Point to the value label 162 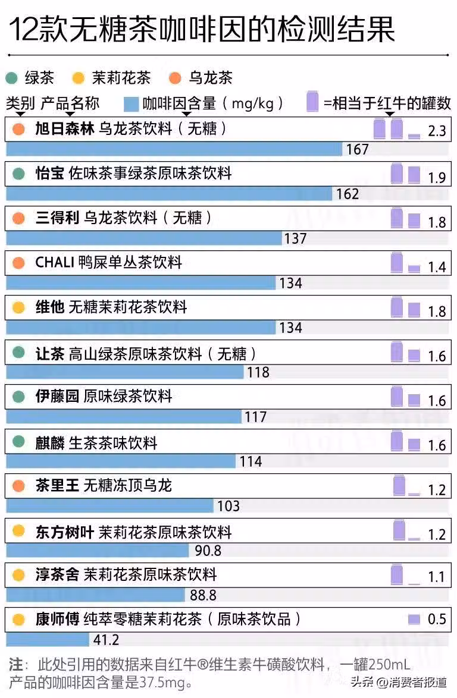coord(348,194)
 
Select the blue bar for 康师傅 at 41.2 coord(48,640)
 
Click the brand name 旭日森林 coord(65,128)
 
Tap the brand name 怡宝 coord(50,174)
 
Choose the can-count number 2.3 coord(437,131)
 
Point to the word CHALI coord(54,262)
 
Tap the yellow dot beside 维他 coord(18,307)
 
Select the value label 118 coord(258,372)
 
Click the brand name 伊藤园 coord(57,397)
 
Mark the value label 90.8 coord(208,551)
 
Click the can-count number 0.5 coord(437,620)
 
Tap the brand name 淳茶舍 coord(57,575)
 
